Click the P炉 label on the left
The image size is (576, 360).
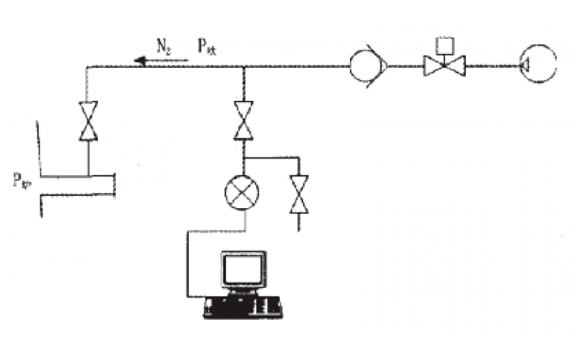(22, 179)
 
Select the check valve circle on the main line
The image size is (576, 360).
(368, 66)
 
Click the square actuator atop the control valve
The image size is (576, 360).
(444, 44)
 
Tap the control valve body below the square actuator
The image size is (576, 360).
(444, 66)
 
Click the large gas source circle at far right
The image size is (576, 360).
(537, 65)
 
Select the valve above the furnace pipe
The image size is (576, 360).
(89, 121)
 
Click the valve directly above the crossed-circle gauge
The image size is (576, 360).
(244, 121)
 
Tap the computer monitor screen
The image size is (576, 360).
(243, 270)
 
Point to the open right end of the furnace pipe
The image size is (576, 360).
(114, 184)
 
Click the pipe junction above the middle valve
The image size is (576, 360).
(244, 67)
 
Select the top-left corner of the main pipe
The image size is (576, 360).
(87, 67)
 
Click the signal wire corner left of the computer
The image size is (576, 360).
(188, 231)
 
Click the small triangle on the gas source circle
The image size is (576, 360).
(524, 66)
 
